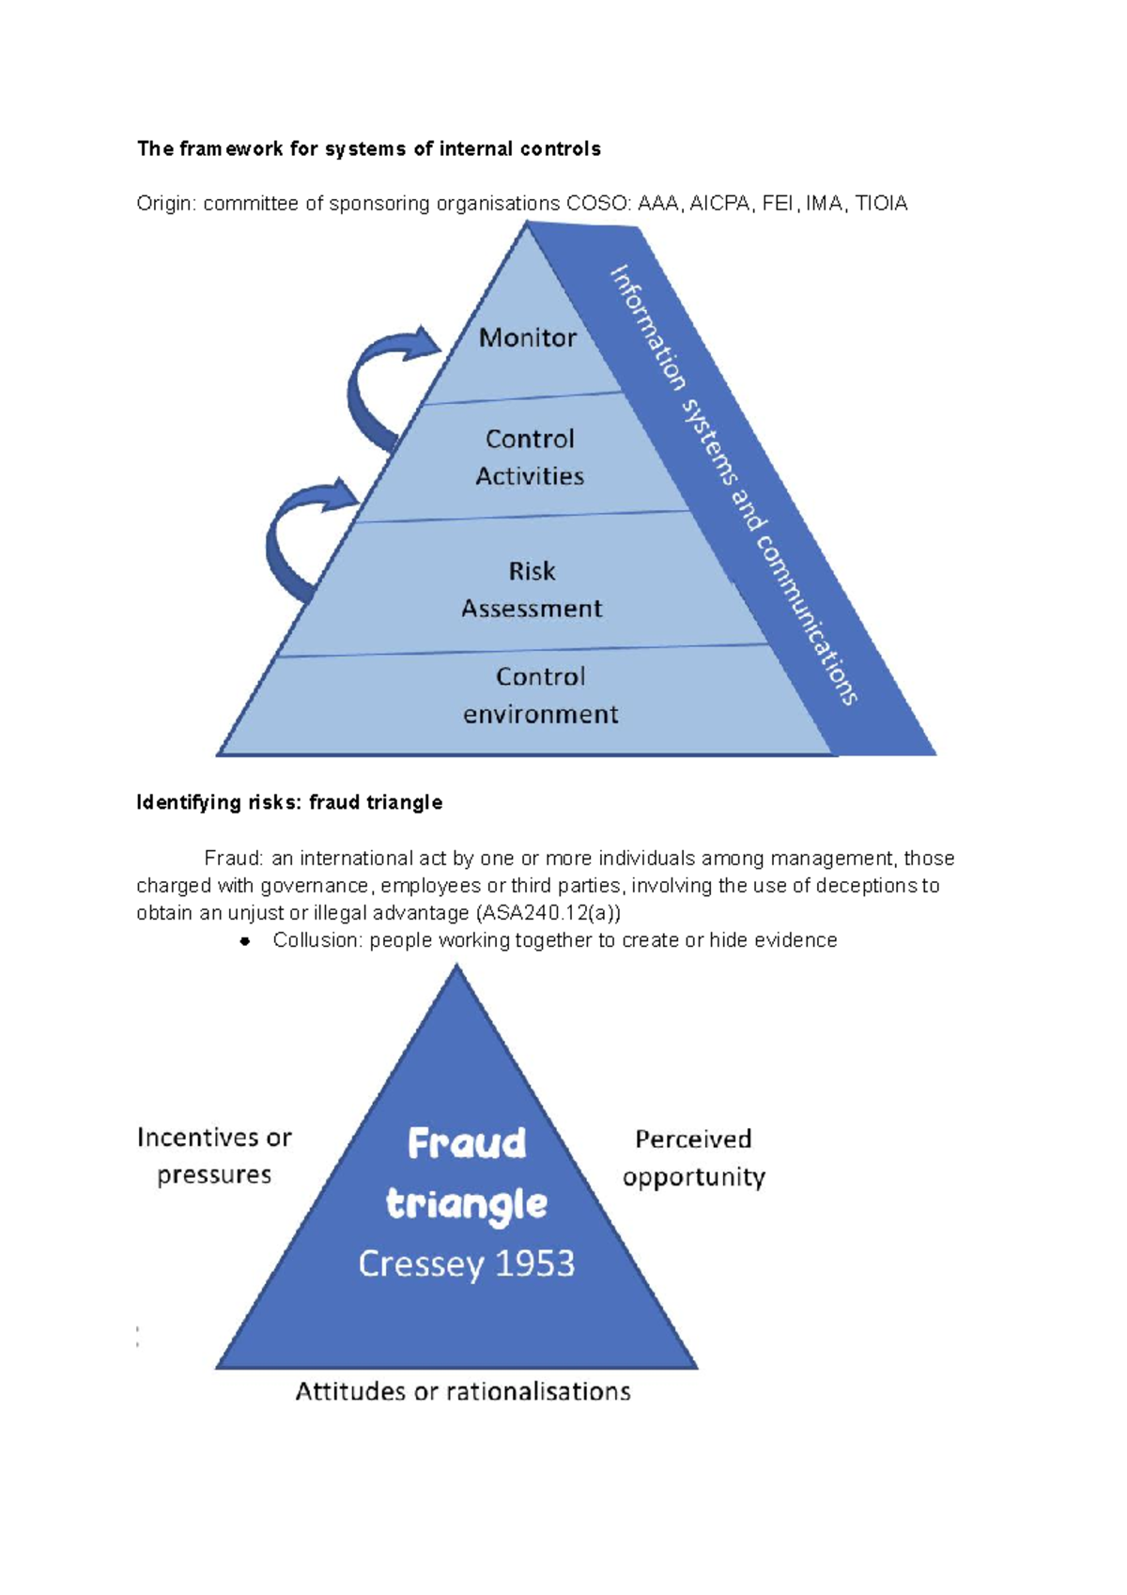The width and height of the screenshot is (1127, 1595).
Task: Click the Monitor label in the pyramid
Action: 528,337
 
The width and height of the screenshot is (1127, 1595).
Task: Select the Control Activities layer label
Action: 530,457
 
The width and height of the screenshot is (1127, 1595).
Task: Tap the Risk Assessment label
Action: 532,590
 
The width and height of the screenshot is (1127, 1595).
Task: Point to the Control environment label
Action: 540,695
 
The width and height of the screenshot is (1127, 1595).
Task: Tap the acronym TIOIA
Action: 881,204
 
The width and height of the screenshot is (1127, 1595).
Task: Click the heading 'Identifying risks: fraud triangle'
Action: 289,803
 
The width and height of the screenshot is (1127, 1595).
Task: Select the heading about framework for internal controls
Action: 369,148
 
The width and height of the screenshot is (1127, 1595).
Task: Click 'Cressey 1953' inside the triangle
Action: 467,1264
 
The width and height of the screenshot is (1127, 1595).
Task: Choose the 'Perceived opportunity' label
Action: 693,1158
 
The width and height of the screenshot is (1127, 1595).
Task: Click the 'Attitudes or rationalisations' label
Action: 463,1391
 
